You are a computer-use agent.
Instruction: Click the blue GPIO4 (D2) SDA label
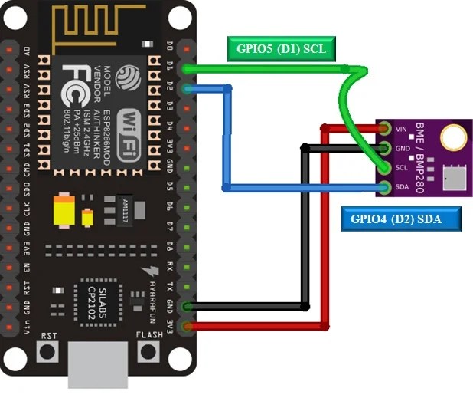point(402,220)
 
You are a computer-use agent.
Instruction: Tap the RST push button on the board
point(49,352)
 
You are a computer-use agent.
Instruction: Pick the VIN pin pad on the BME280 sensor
point(382,129)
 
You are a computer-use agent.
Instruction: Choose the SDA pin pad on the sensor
point(382,187)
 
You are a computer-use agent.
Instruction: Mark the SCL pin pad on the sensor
point(382,167)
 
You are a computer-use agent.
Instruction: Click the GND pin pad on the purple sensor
point(382,148)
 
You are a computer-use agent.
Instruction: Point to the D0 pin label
point(170,48)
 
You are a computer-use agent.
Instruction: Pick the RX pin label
point(170,268)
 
